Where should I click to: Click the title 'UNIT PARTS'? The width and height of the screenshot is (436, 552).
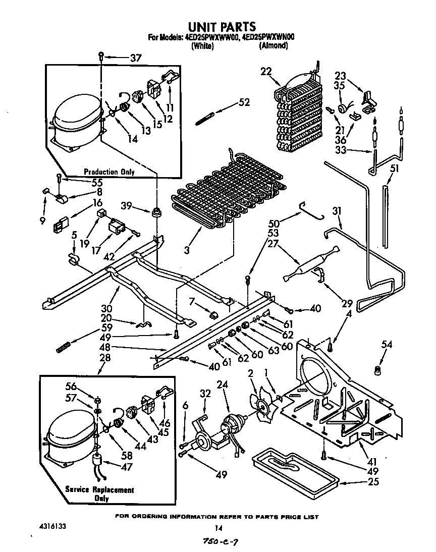pos(222,26)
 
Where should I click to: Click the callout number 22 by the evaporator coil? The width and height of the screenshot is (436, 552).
pos(266,72)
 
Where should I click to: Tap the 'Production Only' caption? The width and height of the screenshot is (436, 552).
pos(109,172)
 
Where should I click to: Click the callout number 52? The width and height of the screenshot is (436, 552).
pos(244,103)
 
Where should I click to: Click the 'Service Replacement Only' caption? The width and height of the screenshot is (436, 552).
pos(99,494)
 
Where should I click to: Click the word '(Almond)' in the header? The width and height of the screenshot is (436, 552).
pos(273,46)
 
